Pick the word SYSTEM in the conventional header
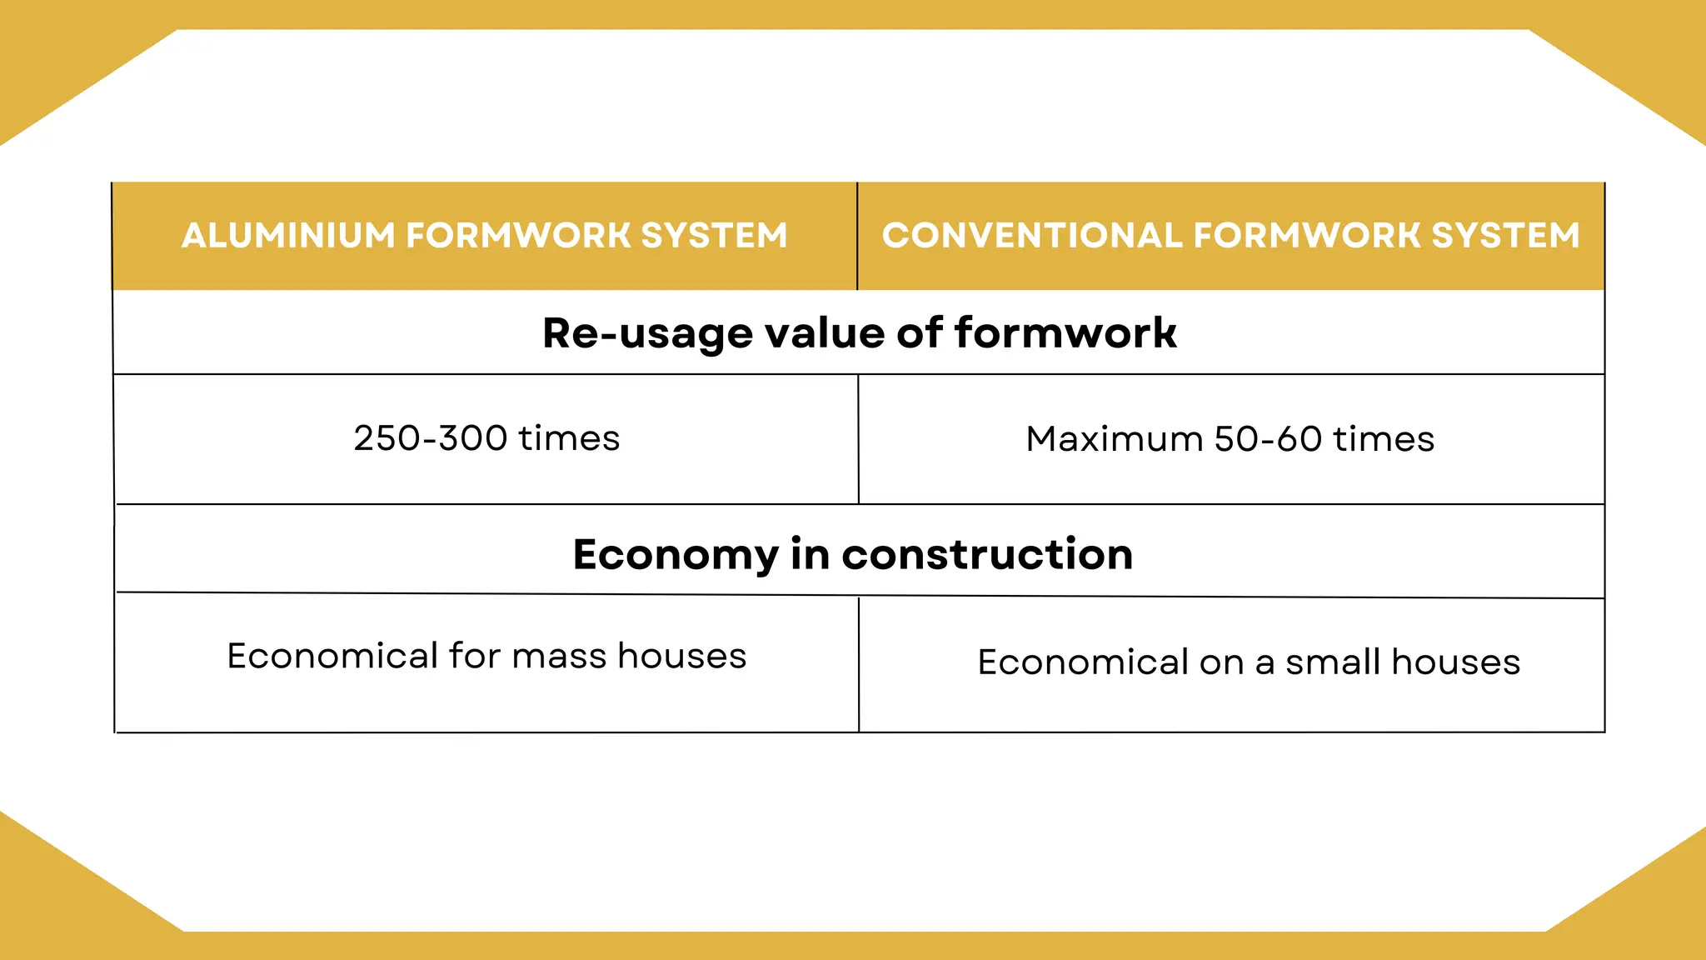coord(1505,236)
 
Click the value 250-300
coord(431,438)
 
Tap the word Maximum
coord(1114,439)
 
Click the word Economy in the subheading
coord(676,555)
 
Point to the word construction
coord(987,555)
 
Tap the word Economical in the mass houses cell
coord(332,656)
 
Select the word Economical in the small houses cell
coord(1083,662)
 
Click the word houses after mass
coord(682,656)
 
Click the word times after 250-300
coord(569,438)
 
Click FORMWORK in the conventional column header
coord(1306,236)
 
